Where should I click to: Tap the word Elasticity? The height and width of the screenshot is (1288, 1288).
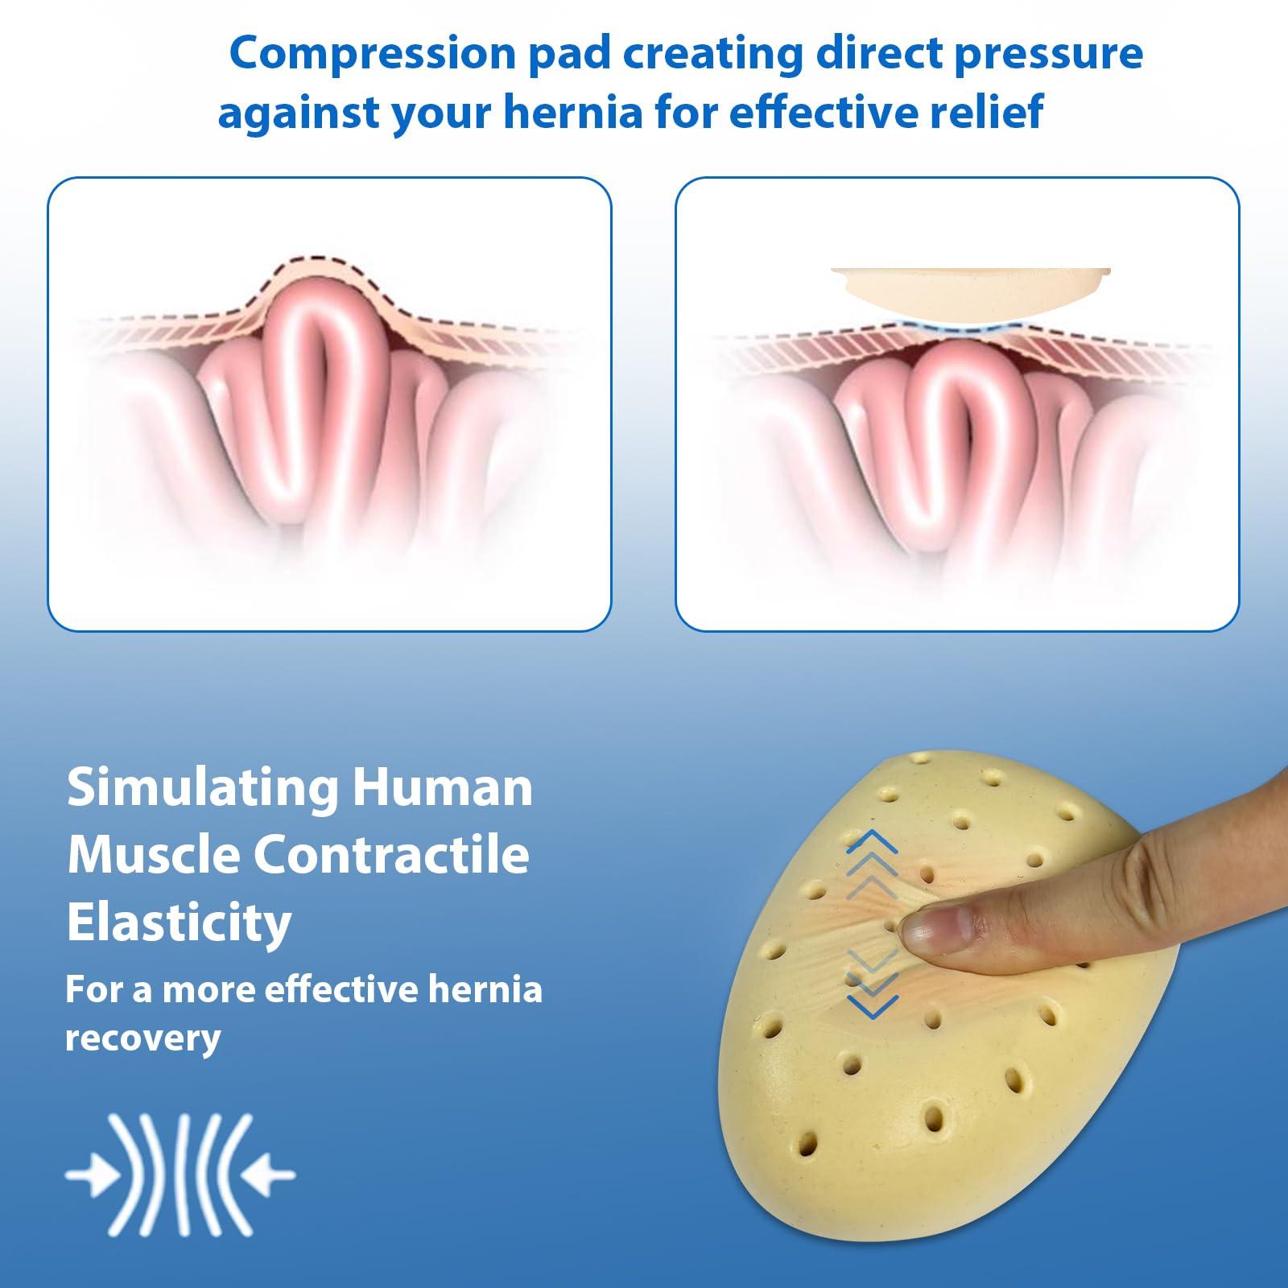(x=179, y=923)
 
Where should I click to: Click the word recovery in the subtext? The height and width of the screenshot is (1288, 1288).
(x=142, y=1038)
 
